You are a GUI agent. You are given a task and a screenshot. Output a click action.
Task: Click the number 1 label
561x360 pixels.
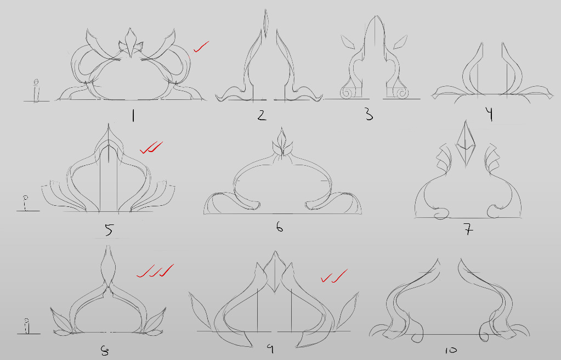133,115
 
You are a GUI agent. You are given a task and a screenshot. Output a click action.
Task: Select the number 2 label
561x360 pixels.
262,115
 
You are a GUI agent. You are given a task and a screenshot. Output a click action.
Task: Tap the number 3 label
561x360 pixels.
369,115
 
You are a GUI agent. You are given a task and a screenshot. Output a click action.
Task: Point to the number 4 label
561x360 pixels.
490,114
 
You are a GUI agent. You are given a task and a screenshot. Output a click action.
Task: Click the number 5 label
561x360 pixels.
109,229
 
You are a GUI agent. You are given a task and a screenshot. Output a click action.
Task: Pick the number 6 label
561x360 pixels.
280,227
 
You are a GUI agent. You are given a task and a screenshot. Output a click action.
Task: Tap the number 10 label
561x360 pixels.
451,350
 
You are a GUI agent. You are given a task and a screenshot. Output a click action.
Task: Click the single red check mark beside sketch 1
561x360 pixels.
201,47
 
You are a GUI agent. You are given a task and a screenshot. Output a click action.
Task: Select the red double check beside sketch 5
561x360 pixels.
151,148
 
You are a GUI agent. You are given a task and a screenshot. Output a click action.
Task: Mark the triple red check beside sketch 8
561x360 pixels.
155,271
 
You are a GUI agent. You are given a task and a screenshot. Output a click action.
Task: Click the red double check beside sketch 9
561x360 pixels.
334,276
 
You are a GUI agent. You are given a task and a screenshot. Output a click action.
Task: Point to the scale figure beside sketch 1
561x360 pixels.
36,91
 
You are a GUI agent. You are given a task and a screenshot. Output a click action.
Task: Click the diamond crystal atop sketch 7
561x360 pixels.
465,143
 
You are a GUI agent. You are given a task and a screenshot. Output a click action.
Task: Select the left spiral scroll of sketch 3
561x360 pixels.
347,93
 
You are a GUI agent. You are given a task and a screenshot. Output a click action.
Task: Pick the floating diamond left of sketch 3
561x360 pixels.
348,42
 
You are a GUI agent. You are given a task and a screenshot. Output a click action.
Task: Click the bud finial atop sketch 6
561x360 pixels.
282,142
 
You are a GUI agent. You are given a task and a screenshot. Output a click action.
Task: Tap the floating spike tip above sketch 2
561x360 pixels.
265,23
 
